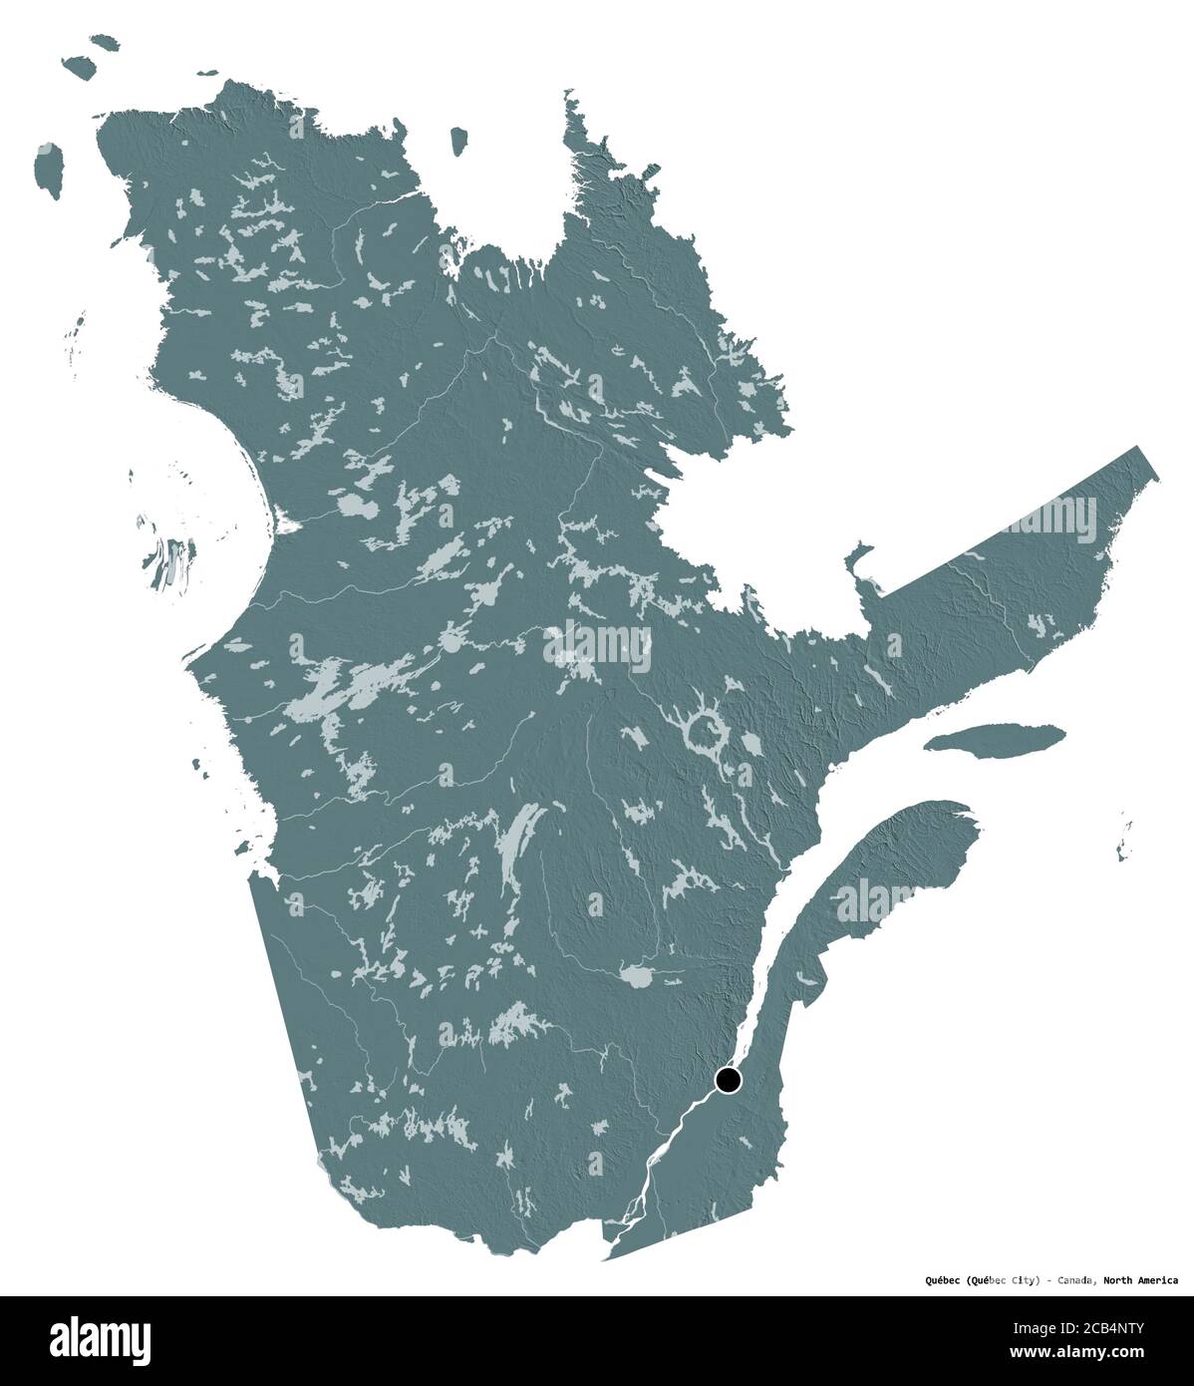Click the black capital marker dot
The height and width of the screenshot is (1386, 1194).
tap(729, 1080)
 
